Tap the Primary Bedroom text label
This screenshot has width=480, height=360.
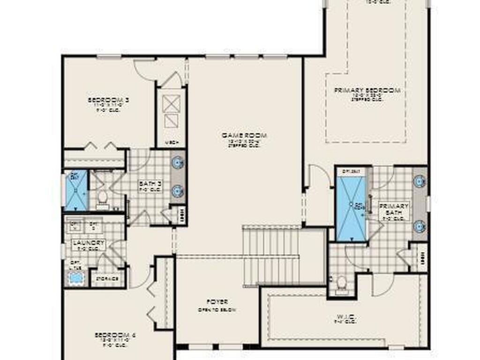pyautogui.click(x=367, y=90)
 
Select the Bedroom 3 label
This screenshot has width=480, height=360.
pyautogui.click(x=108, y=100)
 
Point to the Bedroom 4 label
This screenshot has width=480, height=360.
pyautogui.click(x=115, y=335)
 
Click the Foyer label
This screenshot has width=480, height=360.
pyautogui.click(x=216, y=302)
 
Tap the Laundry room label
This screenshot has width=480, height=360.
pyautogui.click(x=89, y=243)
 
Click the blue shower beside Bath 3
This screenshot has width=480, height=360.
pyautogui.click(x=76, y=190)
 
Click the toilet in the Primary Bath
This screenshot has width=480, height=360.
pyautogui.click(x=342, y=283)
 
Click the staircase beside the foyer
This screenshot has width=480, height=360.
pyautogui.click(x=271, y=255)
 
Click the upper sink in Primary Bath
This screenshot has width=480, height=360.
pyautogui.click(x=419, y=181)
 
